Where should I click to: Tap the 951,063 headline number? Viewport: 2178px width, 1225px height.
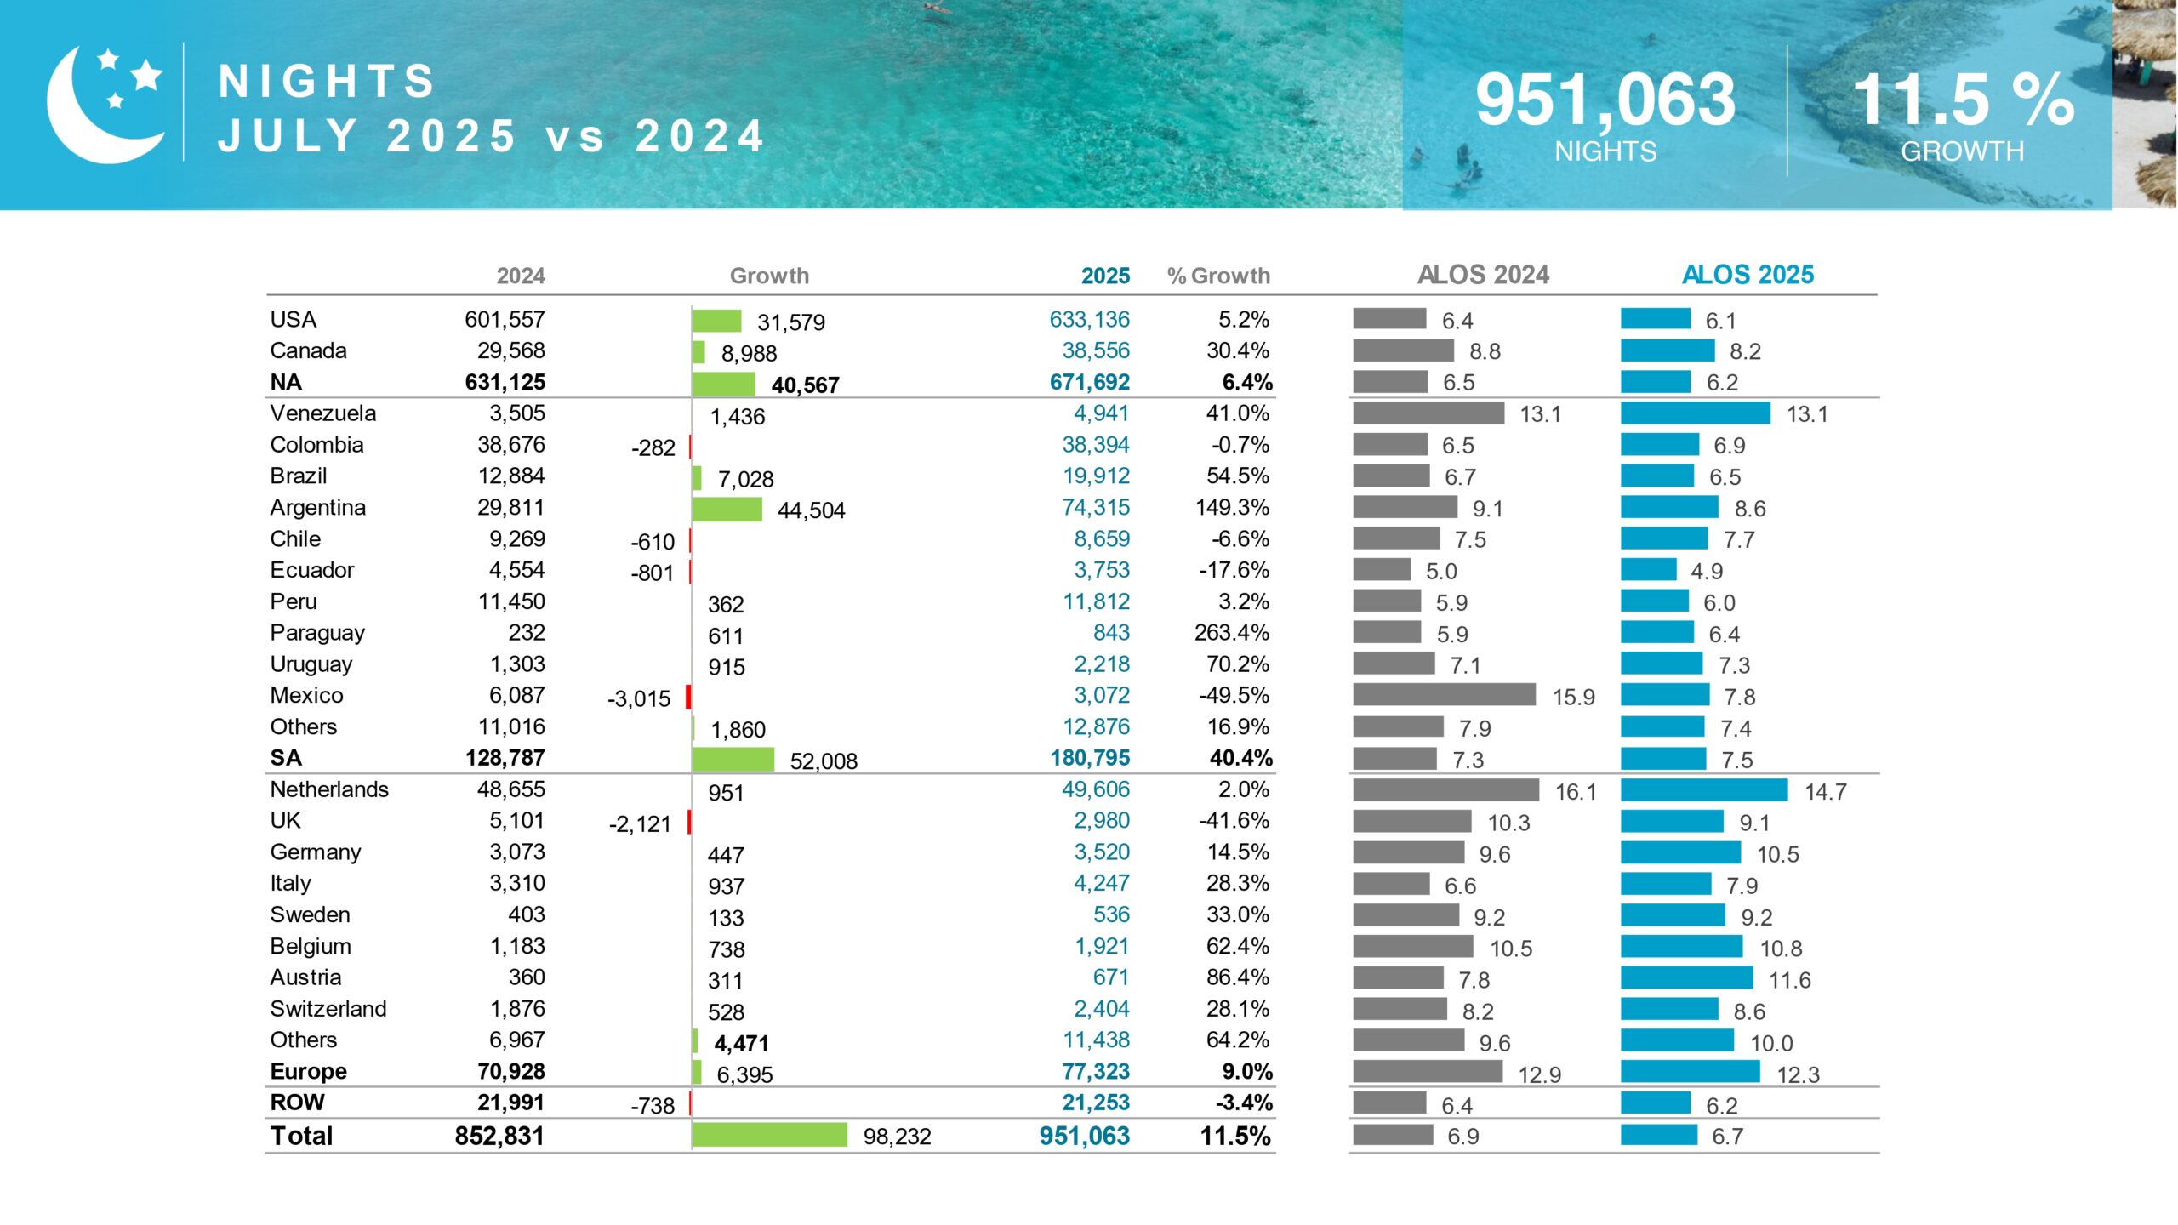(x=1605, y=100)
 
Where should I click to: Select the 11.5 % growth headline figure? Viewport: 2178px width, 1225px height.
(x=1963, y=100)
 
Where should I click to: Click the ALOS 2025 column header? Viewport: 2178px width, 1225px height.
(x=1748, y=275)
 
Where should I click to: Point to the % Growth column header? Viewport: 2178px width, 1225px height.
(x=1218, y=276)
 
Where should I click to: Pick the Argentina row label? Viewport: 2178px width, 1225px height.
(x=317, y=508)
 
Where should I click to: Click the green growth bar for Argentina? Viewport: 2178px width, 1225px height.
(x=727, y=509)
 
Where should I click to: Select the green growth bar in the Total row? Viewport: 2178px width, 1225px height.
(x=769, y=1135)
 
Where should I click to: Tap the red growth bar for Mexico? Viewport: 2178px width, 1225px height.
(x=688, y=697)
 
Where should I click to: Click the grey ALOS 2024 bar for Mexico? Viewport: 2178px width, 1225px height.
(x=1444, y=695)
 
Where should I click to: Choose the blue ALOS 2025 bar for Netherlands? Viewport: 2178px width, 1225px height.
(x=1703, y=790)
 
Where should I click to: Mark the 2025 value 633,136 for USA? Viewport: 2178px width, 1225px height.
(x=1089, y=320)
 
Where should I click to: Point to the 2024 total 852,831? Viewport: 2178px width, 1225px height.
(x=499, y=1136)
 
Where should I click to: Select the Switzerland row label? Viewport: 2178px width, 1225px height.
(x=328, y=1009)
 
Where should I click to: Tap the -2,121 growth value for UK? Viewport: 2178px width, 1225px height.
(x=640, y=823)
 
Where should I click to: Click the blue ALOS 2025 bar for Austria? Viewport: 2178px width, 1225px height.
(x=1686, y=978)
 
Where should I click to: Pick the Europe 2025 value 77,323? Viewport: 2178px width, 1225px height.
(x=1095, y=1071)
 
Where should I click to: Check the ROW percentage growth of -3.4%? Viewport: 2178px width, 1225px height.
(x=1243, y=1102)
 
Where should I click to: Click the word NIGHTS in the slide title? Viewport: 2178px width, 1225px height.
(x=327, y=82)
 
